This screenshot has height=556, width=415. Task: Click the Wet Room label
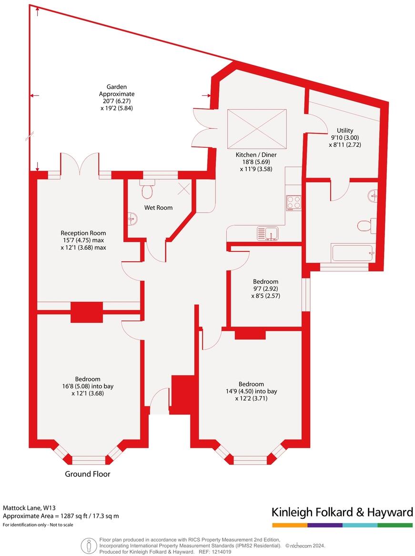[159, 207]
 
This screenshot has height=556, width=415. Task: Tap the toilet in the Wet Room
[147, 190]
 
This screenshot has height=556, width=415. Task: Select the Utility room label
[344, 130]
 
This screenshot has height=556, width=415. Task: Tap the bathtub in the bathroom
[352, 252]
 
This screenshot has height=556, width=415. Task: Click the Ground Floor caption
[88, 474]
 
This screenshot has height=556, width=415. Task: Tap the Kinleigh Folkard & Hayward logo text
[342, 513]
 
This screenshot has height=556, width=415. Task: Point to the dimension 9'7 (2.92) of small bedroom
[265, 289]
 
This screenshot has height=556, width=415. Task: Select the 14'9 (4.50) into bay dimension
[251, 391]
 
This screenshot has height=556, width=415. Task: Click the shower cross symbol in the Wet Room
[183, 189]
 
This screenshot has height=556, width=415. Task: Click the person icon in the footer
[88, 545]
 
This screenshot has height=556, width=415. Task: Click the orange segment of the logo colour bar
[289, 525]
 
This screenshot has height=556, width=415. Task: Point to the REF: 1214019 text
[216, 551]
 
